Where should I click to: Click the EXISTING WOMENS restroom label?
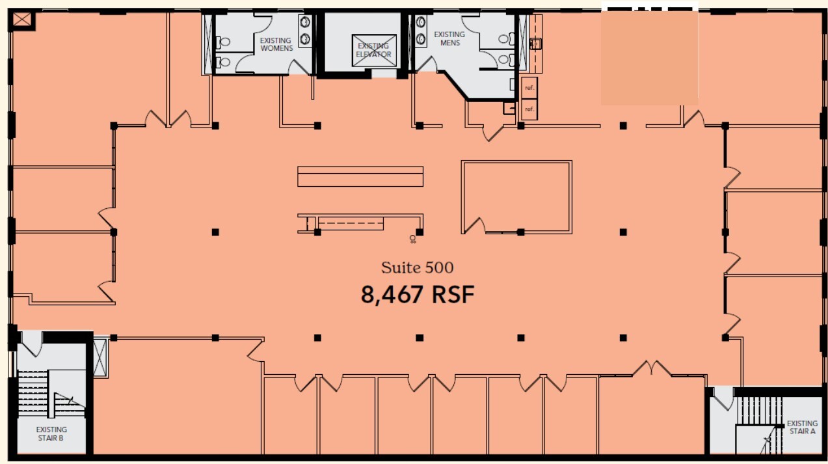point(276,44)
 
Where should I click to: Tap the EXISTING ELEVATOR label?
point(373,50)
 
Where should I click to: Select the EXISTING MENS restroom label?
point(449,38)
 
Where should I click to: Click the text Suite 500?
point(417,267)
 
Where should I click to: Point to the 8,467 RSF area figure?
point(418,295)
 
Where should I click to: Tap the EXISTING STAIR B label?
point(51,434)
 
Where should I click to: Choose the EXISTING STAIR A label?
point(801,428)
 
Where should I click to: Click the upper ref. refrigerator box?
point(529,87)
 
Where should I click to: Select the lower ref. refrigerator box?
point(529,109)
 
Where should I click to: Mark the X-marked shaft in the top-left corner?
point(22,20)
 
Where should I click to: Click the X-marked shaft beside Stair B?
point(100,357)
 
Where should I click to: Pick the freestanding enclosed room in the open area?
point(516,197)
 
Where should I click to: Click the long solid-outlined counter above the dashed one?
point(360,176)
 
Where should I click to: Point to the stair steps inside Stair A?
point(758,410)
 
